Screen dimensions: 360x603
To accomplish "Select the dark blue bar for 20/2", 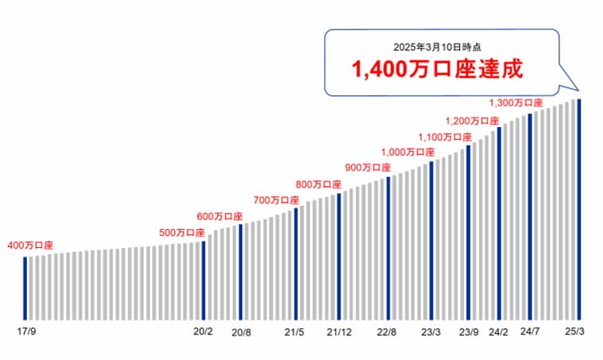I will (204, 278).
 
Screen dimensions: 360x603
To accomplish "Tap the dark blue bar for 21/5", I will (296, 262).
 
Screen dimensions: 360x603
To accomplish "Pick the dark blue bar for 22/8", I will (388, 246).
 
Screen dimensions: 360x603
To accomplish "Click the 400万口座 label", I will (29, 246).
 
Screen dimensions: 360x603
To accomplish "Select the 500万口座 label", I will (182, 232).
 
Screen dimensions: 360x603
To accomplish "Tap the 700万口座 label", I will (276, 199).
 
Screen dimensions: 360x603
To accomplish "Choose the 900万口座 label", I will (368, 168).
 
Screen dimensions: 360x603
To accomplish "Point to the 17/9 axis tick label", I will (26, 331).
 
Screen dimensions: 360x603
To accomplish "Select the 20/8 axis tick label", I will (241, 331).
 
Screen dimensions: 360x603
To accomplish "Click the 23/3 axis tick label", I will (431, 331).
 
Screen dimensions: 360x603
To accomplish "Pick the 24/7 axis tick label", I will (529, 331).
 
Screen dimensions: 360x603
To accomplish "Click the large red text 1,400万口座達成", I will (437, 69).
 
